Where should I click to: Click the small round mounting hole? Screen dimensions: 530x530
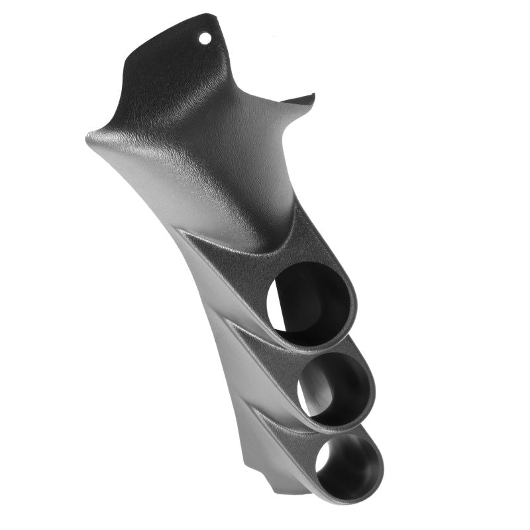[205, 38]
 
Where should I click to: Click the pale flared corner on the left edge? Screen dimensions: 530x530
[93, 137]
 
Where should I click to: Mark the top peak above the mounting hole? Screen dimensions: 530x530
[213, 15]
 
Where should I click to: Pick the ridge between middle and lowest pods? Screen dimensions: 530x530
[291, 421]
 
